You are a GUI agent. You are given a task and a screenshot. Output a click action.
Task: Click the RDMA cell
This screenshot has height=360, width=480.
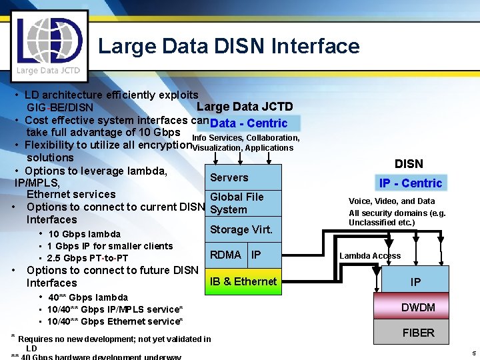tap(226, 255)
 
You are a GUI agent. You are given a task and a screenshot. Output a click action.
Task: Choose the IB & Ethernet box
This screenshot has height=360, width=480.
tap(243, 281)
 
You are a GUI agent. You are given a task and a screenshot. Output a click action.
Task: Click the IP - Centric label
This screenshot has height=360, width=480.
tap(411, 183)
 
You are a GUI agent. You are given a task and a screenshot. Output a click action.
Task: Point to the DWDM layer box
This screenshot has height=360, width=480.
tap(418, 307)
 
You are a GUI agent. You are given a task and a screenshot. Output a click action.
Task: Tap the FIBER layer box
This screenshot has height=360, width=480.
tap(418, 333)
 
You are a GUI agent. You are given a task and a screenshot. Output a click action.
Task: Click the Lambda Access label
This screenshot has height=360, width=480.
tap(370, 256)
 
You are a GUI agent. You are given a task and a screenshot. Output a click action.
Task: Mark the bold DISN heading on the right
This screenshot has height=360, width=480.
tap(409, 164)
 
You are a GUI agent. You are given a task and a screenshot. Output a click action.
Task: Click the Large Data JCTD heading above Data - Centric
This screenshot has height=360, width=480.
tap(245, 107)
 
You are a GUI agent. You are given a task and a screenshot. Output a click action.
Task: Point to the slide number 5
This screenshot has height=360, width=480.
tap(473, 353)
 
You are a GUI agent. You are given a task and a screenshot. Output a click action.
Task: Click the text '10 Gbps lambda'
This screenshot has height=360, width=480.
tap(84, 234)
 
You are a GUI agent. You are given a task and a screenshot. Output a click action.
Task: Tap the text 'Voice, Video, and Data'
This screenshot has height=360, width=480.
tap(391, 201)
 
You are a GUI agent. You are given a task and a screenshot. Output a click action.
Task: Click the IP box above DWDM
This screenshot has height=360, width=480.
tap(415, 282)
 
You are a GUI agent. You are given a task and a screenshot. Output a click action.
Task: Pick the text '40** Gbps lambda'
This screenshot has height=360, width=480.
tap(88, 297)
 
